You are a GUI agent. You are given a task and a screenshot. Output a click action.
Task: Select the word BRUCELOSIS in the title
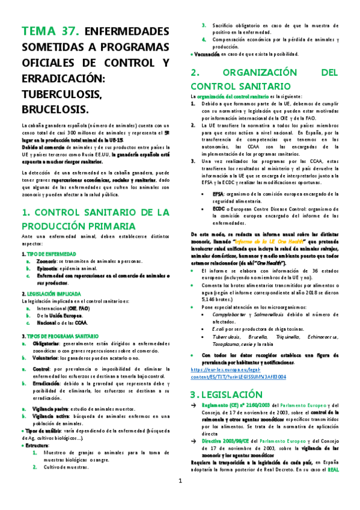pyautogui.click(x=54, y=109)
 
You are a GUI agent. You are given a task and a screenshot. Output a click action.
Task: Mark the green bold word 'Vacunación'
pyautogui.click(x=206, y=54)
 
